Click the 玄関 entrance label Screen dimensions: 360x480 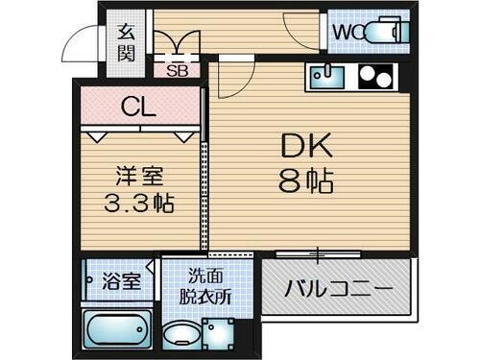[x=126, y=42]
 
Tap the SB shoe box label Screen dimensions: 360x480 [x=178, y=69]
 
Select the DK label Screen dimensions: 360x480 [x=305, y=146]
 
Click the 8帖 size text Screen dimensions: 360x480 [x=305, y=180]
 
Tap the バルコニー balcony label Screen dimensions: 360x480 [x=339, y=289]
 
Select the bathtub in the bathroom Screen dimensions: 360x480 [x=118, y=328]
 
